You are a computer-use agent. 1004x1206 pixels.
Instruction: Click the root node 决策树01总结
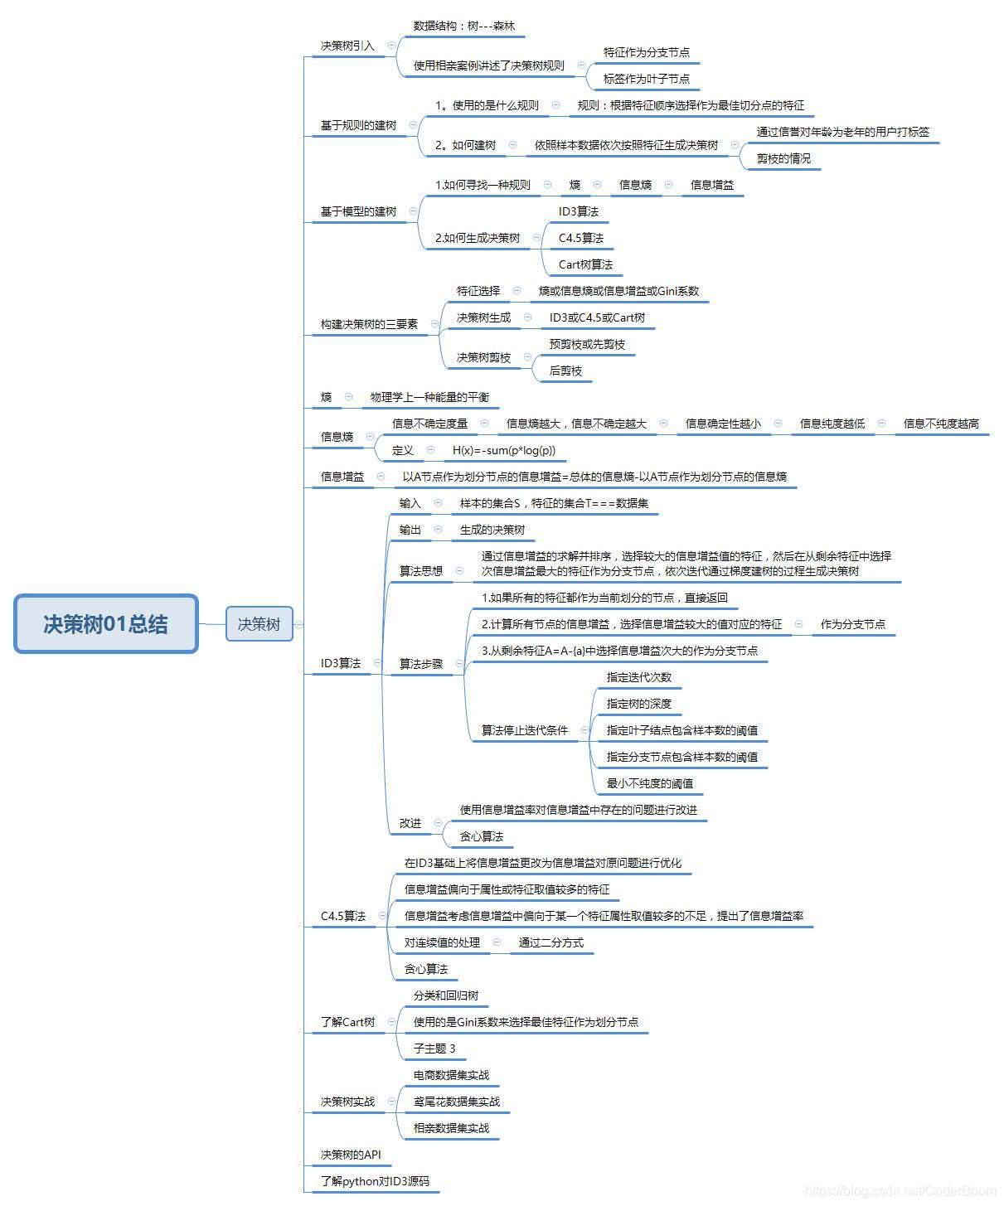pyautogui.click(x=105, y=624)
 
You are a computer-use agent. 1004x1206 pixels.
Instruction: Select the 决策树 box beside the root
pyautogui.click(x=259, y=624)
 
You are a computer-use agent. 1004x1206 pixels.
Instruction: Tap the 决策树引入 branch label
pyautogui.click(x=347, y=46)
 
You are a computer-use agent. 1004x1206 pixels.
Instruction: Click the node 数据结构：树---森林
pyautogui.click(x=463, y=26)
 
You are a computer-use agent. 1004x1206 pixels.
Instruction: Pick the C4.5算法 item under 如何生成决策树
pyautogui.click(x=580, y=238)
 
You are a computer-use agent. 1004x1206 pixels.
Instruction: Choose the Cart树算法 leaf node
pyautogui.click(x=585, y=264)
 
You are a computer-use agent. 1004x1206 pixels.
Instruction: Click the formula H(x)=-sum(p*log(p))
pyautogui.click(x=503, y=450)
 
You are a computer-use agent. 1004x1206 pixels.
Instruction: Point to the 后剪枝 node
pyautogui.click(x=565, y=371)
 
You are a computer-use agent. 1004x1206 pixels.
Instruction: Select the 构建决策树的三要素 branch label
pyautogui.click(x=369, y=324)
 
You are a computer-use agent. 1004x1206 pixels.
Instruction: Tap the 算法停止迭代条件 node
pyautogui.click(x=524, y=730)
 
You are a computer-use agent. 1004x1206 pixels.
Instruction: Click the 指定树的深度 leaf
pyautogui.click(x=638, y=704)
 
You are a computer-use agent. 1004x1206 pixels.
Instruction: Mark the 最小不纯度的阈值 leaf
pyautogui.click(x=649, y=783)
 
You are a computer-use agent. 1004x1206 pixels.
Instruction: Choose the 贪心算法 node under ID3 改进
pyautogui.click(x=481, y=836)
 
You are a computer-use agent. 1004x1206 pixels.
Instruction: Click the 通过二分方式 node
pyautogui.click(x=551, y=942)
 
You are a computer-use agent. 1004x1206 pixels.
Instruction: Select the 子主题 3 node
pyautogui.click(x=434, y=1049)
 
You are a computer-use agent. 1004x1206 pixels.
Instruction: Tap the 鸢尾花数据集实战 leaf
pyautogui.click(x=456, y=1102)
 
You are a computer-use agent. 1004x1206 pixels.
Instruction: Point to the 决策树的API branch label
pyautogui.click(x=351, y=1155)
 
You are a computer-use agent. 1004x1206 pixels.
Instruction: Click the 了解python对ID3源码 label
pyautogui.click(x=375, y=1181)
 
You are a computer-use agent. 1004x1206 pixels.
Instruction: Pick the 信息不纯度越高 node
pyautogui.click(x=940, y=424)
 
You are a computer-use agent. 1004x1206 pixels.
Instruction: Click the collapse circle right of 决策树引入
pyautogui.click(x=391, y=46)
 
